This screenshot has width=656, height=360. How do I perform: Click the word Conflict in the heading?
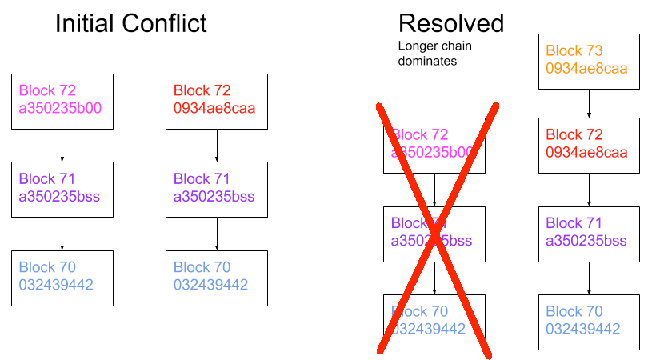[x=163, y=23]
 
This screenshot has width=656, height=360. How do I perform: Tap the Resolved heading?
[x=450, y=23]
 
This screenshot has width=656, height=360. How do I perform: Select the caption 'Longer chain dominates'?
[x=434, y=53]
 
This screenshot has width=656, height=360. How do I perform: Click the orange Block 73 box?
[x=589, y=61]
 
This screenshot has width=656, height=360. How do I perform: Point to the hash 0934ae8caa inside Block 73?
[x=586, y=69]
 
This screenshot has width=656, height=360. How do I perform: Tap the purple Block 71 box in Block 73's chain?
[x=589, y=233]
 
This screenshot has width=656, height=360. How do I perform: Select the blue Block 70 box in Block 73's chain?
[x=589, y=321]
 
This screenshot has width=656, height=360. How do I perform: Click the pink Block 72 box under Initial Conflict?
[x=62, y=101]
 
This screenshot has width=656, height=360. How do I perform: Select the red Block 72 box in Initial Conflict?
[x=217, y=101]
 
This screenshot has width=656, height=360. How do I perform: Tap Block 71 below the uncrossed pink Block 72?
[x=62, y=189]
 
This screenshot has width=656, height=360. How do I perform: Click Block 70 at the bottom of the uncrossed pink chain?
[x=62, y=277]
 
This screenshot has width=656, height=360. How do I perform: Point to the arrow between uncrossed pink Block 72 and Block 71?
[x=62, y=145]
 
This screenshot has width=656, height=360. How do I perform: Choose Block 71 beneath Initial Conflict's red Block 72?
[x=217, y=189]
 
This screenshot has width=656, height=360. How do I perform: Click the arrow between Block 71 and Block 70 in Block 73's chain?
[x=589, y=277]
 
